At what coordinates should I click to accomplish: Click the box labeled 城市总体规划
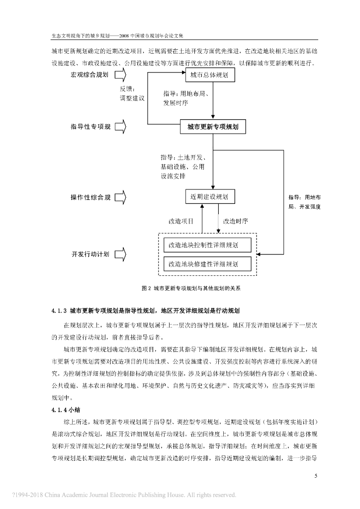pyautogui.click(x=209, y=75)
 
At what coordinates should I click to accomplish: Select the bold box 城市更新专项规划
pyautogui.click(x=213, y=127)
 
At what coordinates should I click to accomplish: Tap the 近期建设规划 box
pyautogui.click(x=209, y=197)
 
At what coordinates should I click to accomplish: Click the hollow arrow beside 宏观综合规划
pyautogui.click(x=121, y=75)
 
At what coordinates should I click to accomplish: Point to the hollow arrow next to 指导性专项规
pyautogui.click(x=121, y=127)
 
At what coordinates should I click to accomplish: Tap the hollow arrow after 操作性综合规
pyautogui.click(x=121, y=197)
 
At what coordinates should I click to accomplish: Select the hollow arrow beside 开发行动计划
pyautogui.click(x=121, y=254)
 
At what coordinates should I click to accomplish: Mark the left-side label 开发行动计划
pyautogui.click(x=90, y=254)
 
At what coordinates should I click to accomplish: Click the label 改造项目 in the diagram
pyautogui.click(x=181, y=221)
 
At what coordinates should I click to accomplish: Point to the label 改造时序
pyautogui.click(x=236, y=221)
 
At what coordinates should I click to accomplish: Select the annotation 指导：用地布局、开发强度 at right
pyautogui.click(x=304, y=201)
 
